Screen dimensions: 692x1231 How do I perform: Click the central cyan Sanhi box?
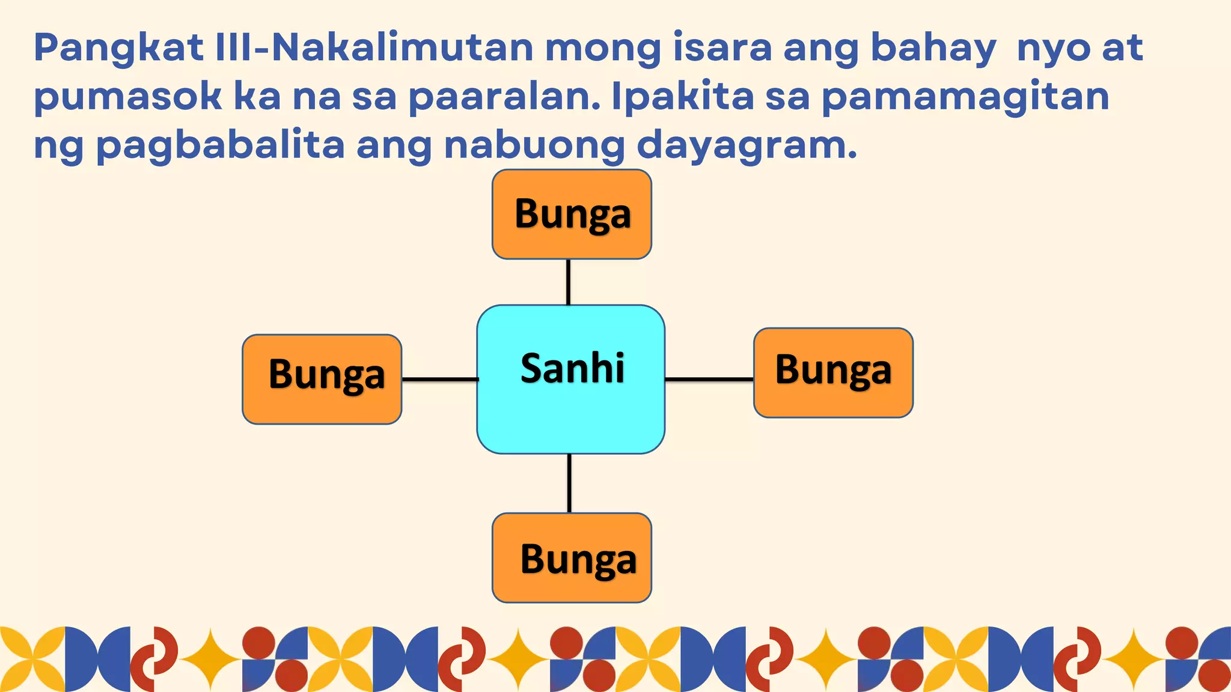(x=571, y=379)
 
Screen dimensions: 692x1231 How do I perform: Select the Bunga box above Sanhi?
(x=572, y=214)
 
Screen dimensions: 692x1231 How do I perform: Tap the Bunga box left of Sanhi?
(x=322, y=379)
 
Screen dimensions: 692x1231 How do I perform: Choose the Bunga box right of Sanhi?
(x=833, y=372)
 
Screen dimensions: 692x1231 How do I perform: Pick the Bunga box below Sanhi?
(x=572, y=557)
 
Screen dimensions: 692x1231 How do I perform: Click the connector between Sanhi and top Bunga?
(x=568, y=282)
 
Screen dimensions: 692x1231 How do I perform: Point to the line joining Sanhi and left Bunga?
(x=440, y=379)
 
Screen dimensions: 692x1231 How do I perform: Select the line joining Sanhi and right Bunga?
(x=709, y=379)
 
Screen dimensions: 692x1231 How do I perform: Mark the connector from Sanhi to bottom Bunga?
(x=569, y=483)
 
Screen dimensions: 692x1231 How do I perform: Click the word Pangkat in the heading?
(x=118, y=48)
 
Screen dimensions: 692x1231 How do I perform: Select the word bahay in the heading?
(x=933, y=48)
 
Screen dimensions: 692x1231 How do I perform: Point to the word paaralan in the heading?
(x=504, y=97)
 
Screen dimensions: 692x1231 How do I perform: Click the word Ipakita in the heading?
(x=682, y=97)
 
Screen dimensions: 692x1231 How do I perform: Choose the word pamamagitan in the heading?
(x=965, y=97)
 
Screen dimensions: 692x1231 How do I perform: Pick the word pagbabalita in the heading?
(x=220, y=146)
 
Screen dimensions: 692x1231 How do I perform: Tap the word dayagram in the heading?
(x=746, y=146)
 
